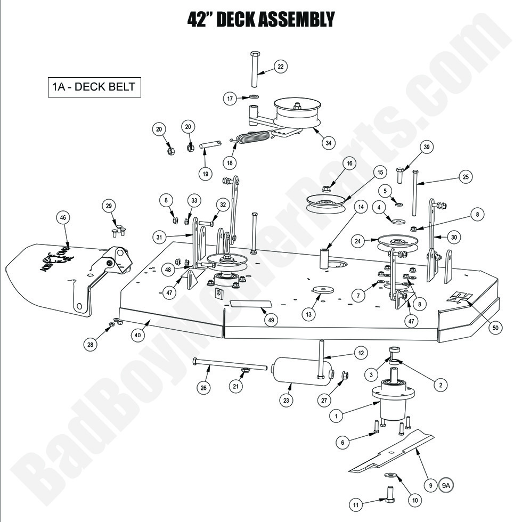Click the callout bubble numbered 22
point(281,66)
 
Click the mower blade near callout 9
point(391,452)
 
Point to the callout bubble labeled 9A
point(446,485)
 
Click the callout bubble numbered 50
point(495,328)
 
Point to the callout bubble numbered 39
point(426,148)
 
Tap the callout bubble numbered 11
point(356,504)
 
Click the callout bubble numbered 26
point(203,388)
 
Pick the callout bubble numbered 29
point(109,206)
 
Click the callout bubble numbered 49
point(272,320)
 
